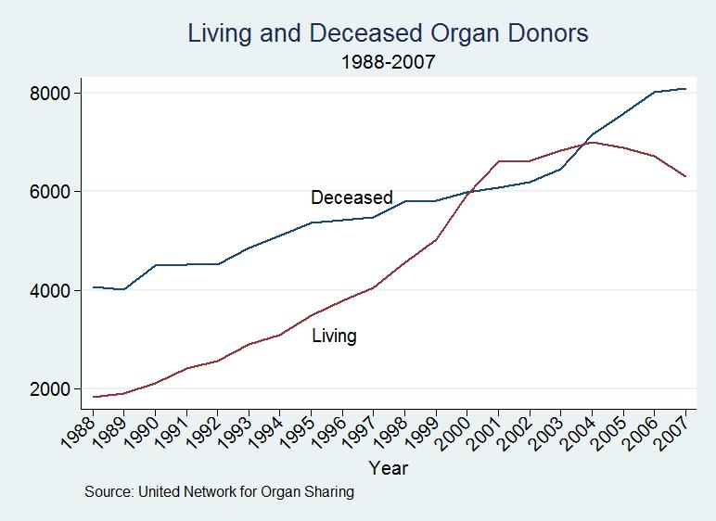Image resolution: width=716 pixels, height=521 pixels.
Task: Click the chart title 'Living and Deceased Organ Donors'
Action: [388, 34]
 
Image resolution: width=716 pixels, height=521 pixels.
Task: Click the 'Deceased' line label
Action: [352, 197]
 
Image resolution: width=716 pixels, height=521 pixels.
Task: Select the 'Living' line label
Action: [334, 336]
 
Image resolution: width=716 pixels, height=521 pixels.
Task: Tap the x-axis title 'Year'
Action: [388, 467]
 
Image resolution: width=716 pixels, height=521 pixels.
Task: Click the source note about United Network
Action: [219, 492]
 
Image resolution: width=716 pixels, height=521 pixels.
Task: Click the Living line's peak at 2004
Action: [592, 142]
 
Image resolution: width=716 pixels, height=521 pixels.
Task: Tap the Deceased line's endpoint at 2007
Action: [685, 89]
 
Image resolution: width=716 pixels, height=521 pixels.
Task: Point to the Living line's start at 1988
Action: [94, 397]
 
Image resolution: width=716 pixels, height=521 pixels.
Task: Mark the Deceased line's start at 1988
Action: [94, 287]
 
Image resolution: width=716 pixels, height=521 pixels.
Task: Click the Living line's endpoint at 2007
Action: [685, 176]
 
